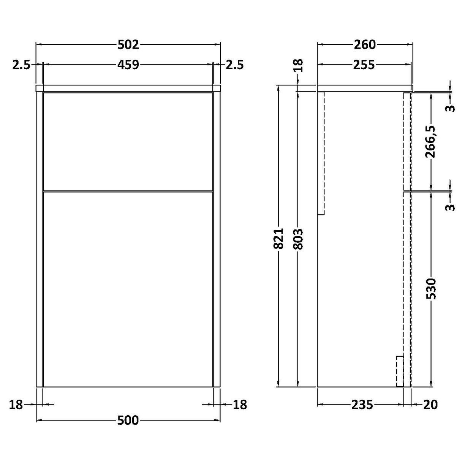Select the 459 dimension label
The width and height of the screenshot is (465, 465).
(x=127, y=65)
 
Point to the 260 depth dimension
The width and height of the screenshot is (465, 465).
(x=364, y=45)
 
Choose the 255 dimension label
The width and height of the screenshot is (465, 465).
(x=364, y=65)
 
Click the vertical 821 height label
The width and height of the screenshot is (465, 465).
(x=279, y=239)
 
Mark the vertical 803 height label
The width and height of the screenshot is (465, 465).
(x=298, y=239)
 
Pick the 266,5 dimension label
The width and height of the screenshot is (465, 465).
(x=432, y=142)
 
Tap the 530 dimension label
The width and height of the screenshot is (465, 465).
(x=432, y=289)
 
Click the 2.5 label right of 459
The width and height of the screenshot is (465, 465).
(x=234, y=65)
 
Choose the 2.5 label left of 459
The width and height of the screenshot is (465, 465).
(x=21, y=65)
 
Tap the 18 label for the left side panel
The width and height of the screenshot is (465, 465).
(x=16, y=405)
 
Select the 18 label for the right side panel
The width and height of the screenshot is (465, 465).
(x=239, y=405)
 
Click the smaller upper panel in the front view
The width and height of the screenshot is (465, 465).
(x=128, y=141)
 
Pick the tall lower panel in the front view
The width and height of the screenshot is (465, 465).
(x=128, y=289)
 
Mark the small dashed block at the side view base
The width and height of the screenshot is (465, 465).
(x=400, y=371)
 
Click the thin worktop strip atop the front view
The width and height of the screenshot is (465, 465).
(x=128, y=88)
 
